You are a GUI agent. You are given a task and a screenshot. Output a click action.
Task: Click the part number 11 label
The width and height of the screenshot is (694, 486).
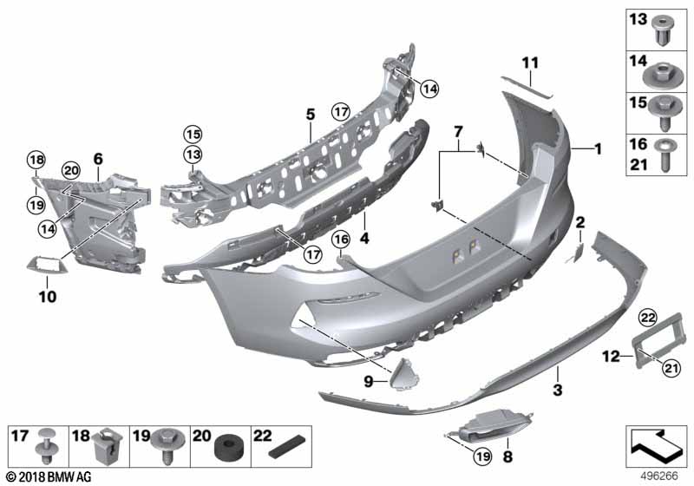(x=530, y=62)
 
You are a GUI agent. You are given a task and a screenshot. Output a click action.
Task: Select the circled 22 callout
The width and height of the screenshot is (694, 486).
(x=647, y=317)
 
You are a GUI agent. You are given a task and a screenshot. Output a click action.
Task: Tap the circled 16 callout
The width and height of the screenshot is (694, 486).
(x=341, y=240)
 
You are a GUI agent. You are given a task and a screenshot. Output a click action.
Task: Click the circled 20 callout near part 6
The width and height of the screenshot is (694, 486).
(x=71, y=171)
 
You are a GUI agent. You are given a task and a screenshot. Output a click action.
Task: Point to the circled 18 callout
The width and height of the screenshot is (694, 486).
(x=36, y=160)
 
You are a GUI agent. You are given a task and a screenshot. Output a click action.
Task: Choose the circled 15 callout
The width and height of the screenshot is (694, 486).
(x=193, y=134)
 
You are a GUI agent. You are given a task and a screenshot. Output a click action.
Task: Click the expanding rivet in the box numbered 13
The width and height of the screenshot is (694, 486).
(x=663, y=30)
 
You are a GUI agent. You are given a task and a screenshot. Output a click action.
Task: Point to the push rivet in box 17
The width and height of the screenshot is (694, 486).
(x=46, y=446)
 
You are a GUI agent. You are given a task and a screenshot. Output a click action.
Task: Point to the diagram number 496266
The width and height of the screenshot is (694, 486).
(x=660, y=476)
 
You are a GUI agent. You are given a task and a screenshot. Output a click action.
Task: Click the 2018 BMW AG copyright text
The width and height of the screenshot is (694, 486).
(x=49, y=477)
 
